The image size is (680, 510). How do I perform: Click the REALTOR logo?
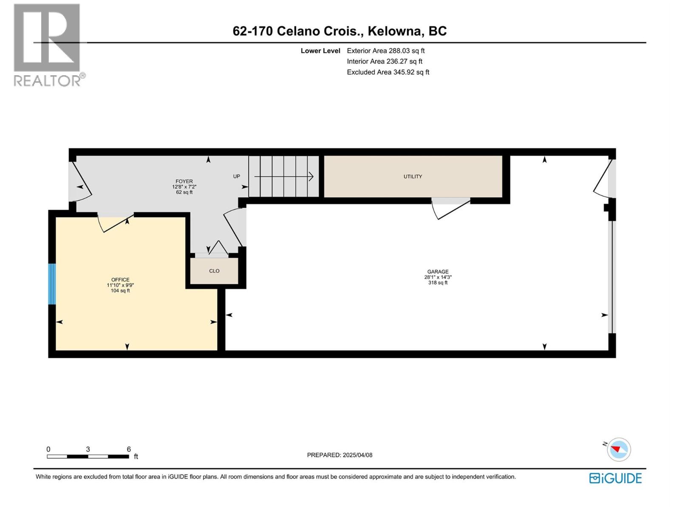click(48, 45)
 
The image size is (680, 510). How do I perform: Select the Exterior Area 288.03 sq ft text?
click(385, 51)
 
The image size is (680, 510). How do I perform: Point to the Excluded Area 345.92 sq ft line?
click(388, 72)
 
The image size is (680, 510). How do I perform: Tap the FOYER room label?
click(184, 181)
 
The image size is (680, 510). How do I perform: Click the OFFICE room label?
click(120, 280)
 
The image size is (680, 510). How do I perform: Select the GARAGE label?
click(438, 272)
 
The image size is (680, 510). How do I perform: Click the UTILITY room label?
click(413, 176)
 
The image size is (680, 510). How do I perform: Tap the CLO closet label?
click(214, 271)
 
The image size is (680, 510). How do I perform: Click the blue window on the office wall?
click(52, 284)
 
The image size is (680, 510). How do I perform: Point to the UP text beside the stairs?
click(236, 176)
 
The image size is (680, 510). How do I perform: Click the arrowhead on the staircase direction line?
click(311, 176)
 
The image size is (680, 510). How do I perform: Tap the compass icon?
click(618, 450)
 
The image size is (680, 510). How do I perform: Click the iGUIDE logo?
click(615, 478)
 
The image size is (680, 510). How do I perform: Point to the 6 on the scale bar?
click(129, 449)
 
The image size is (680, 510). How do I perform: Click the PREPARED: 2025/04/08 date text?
click(340, 455)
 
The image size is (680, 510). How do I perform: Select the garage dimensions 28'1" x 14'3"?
click(438, 277)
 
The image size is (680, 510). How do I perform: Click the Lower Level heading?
click(320, 51)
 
